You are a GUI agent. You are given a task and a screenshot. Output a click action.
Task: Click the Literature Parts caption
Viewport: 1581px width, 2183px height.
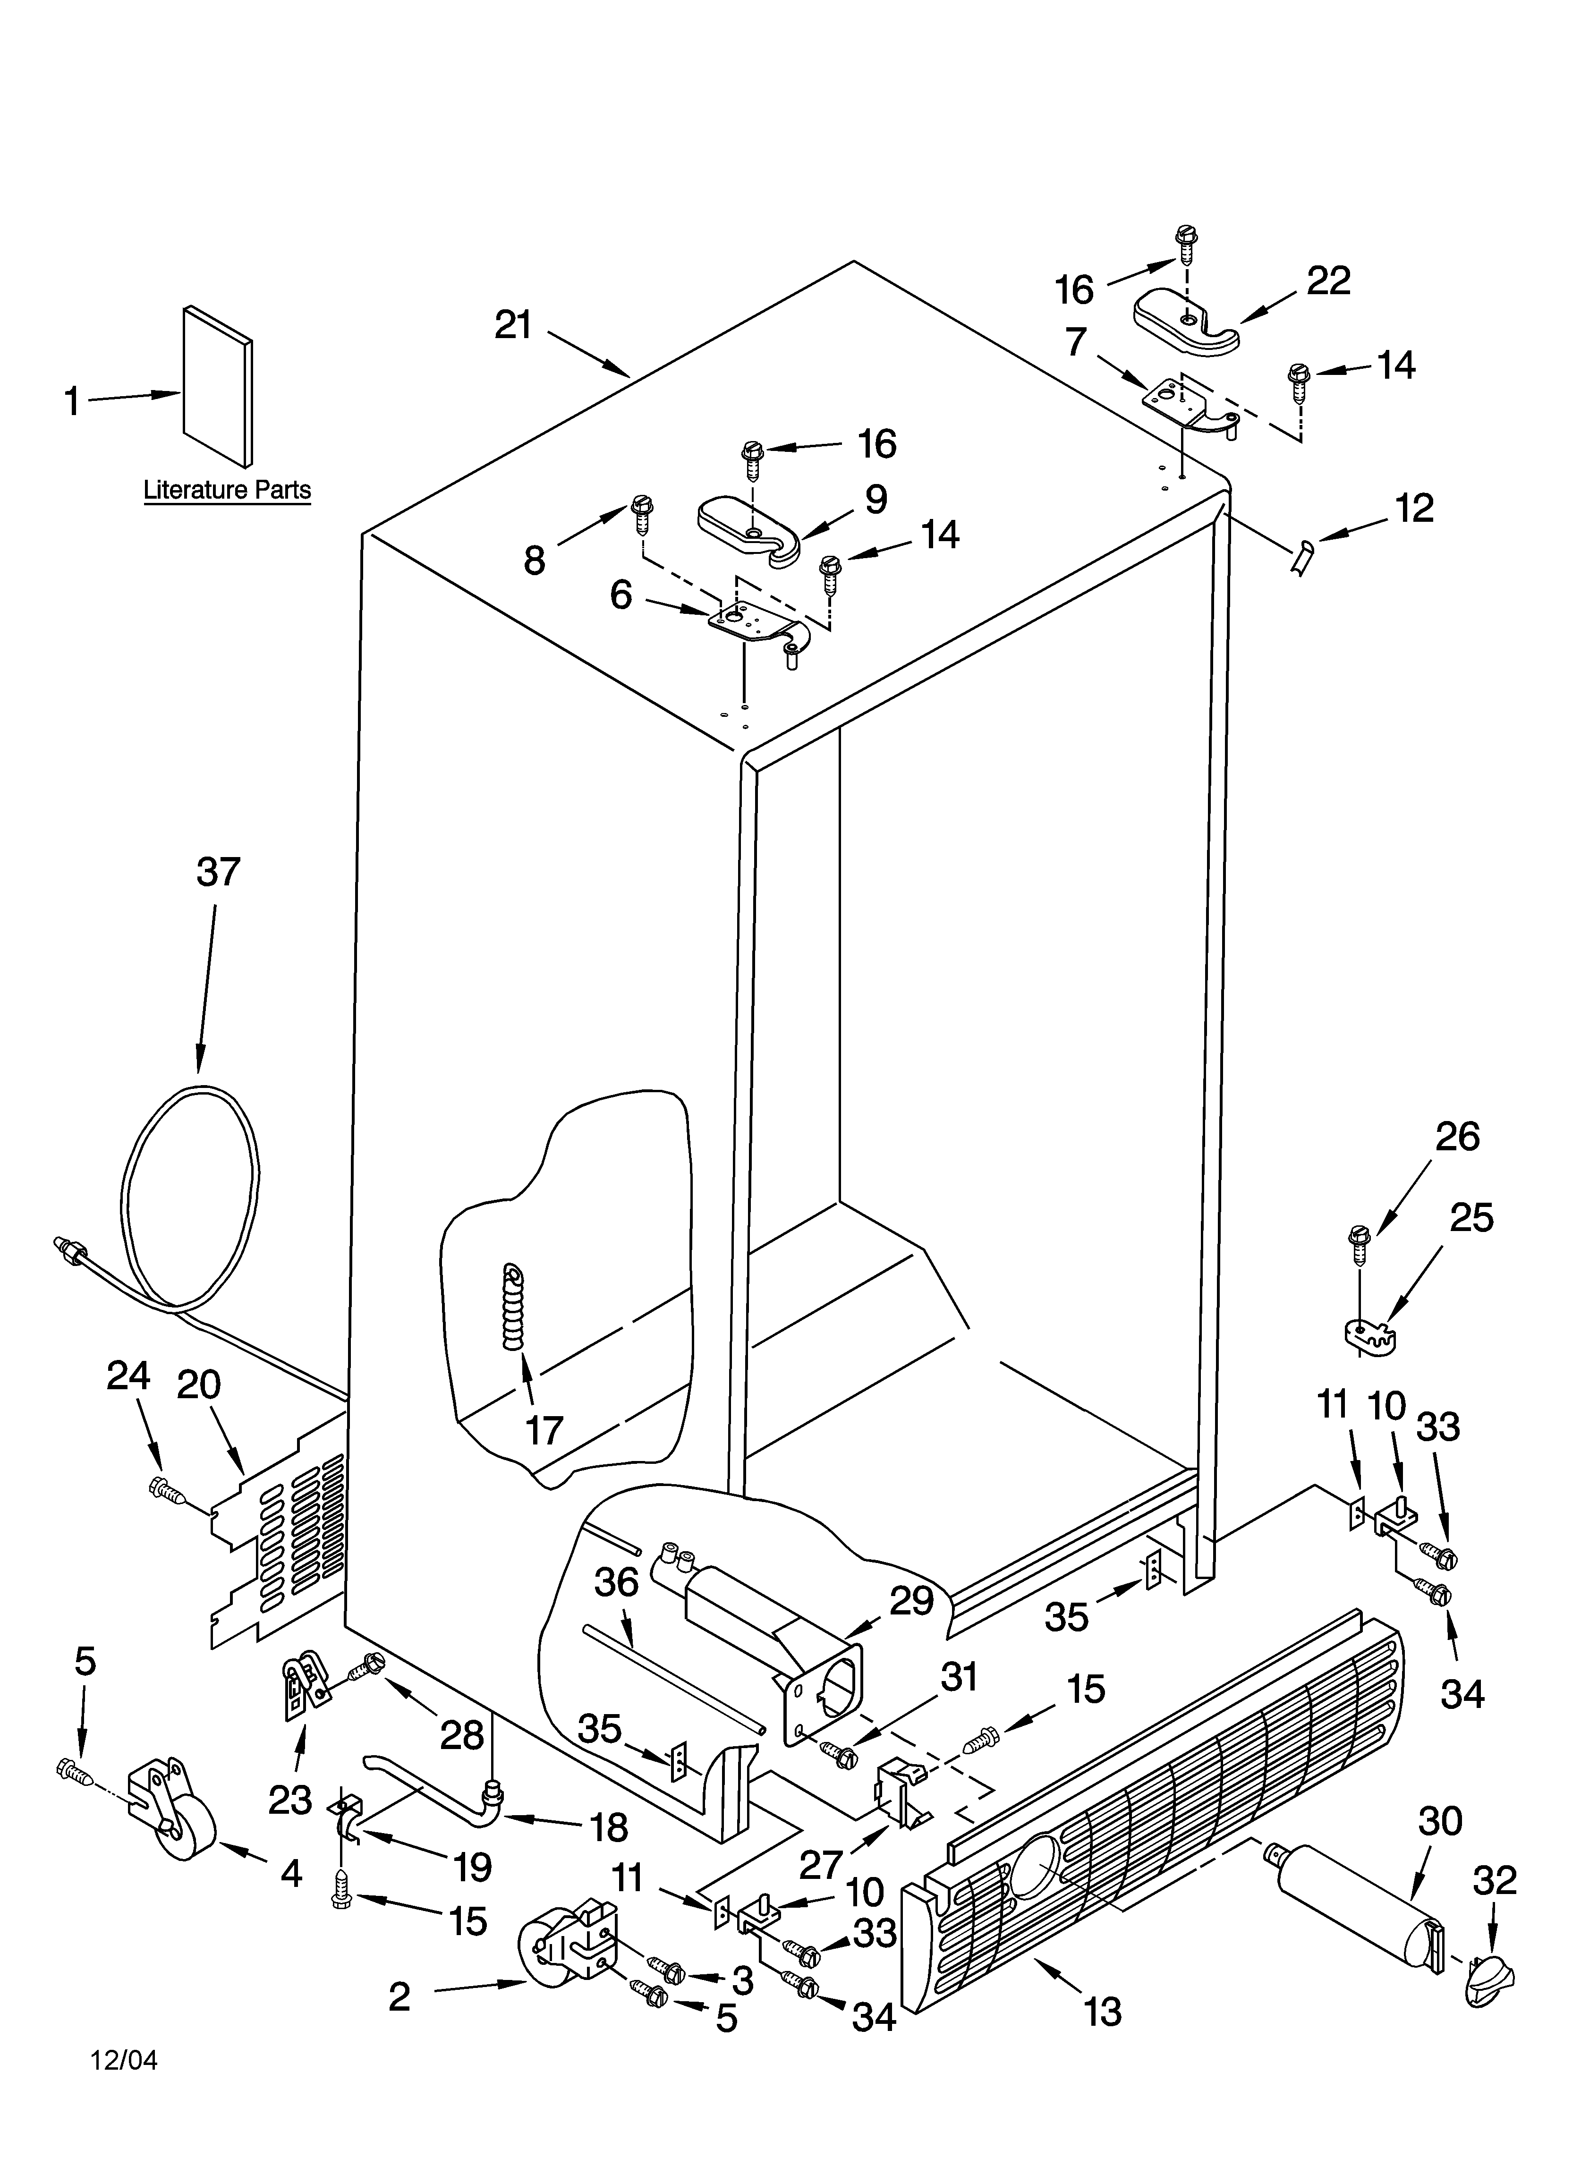pos(227,490)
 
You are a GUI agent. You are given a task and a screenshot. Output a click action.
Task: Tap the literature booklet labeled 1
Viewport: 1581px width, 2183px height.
pos(218,385)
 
